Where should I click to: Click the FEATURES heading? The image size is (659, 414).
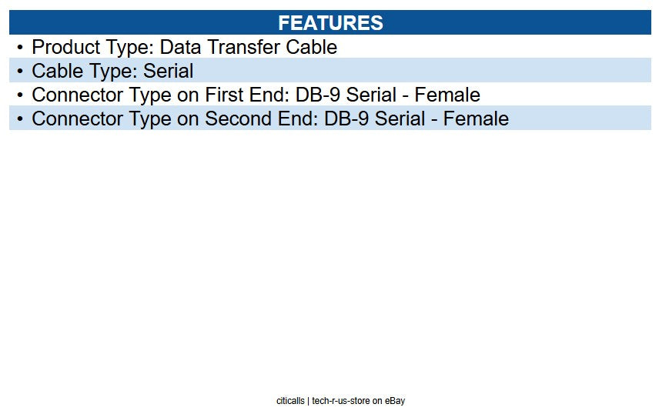click(330, 23)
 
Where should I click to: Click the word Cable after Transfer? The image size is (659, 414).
click(312, 48)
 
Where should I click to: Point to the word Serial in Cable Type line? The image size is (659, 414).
click(169, 72)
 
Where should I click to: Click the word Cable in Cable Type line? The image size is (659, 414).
click(57, 72)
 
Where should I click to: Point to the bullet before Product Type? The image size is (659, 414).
click(20, 48)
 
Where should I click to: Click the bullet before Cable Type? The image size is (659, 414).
click(20, 72)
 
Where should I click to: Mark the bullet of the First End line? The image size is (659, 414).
click(20, 95)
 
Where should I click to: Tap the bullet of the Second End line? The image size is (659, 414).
click(20, 119)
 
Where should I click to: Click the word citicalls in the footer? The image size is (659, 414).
click(290, 401)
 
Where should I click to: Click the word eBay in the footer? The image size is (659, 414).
click(395, 401)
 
